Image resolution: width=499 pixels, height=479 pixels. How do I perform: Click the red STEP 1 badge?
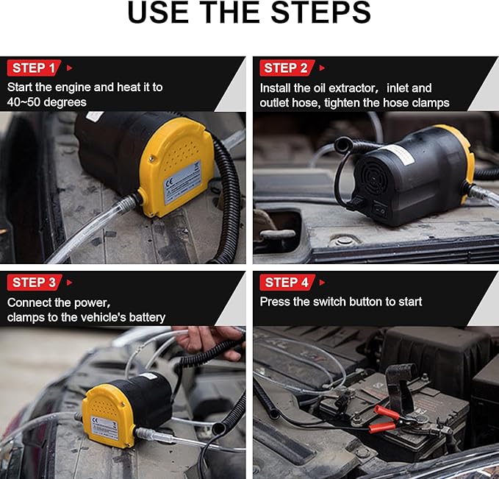pos(34,68)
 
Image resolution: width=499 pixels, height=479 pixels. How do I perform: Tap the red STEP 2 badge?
pos(287,68)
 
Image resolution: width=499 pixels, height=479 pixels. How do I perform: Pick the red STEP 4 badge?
pos(287,283)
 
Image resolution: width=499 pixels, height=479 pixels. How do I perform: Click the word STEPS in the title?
pos(320,12)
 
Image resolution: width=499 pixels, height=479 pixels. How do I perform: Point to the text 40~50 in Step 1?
pos(24,102)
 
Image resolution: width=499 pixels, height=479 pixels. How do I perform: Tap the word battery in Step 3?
pos(147,317)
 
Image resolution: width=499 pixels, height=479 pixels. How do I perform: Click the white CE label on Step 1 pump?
pos(183,183)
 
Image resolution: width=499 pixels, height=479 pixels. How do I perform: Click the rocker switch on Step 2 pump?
pos(380,210)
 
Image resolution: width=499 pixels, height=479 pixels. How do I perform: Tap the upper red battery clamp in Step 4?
pos(387,413)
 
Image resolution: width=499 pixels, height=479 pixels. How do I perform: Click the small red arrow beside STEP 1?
pos(69,68)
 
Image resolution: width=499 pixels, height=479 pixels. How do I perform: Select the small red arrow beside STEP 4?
pos(322,283)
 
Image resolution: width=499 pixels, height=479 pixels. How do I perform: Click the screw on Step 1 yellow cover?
pos(153,158)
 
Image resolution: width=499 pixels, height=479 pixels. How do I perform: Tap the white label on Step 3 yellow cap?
pos(104,428)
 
